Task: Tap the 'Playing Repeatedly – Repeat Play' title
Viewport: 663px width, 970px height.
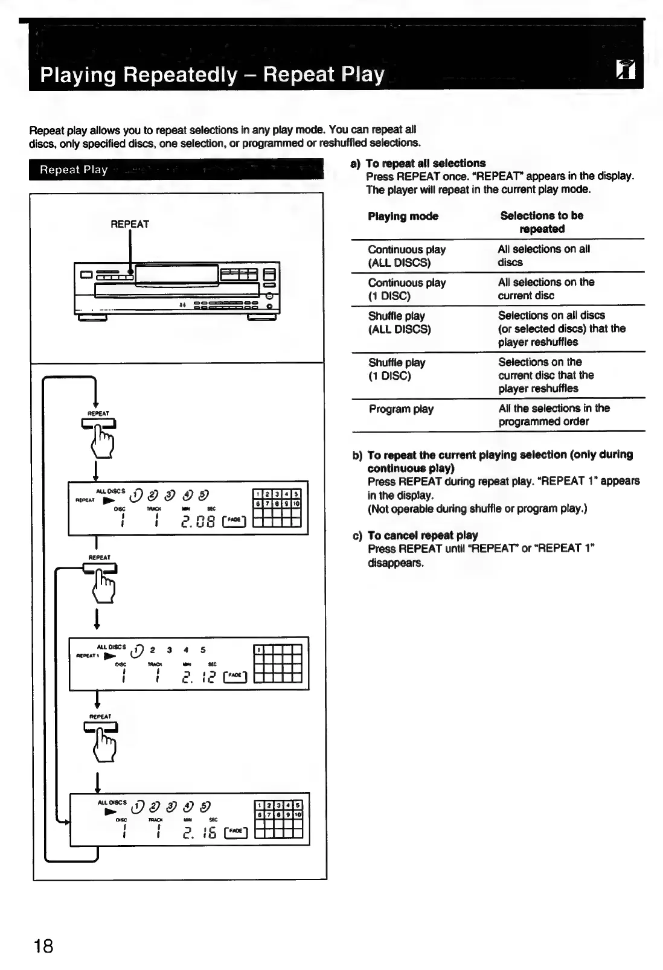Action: (x=212, y=75)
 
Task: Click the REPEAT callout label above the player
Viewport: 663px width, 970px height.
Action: (x=130, y=224)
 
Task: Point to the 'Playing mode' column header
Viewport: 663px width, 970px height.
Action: (x=403, y=216)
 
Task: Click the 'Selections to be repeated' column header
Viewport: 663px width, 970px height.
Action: (x=542, y=222)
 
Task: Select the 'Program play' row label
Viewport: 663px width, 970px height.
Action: (x=401, y=409)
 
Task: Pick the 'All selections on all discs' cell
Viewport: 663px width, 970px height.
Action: (x=543, y=255)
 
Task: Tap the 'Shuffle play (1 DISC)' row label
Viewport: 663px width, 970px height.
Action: (x=397, y=369)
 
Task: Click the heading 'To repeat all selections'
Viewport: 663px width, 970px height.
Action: (x=426, y=163)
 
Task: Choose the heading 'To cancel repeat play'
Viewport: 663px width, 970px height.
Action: (x=423, y=535)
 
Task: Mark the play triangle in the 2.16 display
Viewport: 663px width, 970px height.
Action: (x=110, y=812)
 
